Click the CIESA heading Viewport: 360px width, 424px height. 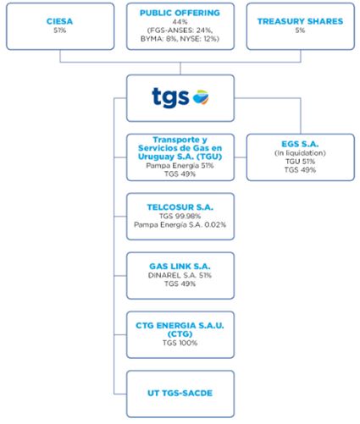click(59, 21)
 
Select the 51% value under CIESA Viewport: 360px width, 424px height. click(60, 30)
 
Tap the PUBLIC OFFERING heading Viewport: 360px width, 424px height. click(180, 13)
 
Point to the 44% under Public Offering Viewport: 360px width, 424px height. click(180, 22)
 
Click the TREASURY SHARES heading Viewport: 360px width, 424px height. click(300, 21)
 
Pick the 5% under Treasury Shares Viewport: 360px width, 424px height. click(300, 30)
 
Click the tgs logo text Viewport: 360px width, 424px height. click(170, 97)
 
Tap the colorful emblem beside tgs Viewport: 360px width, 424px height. click(201, 97)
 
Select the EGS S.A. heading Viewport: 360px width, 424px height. click(300, 144)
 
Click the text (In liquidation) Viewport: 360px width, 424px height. click(300, 153)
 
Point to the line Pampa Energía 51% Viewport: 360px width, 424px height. click(180, 166)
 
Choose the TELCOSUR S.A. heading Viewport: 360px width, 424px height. click(180, 207)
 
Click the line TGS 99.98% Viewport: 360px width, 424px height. click(180, 216)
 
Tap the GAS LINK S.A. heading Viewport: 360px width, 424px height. click(180, 267)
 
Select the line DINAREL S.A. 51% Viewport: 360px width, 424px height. click(180, 275)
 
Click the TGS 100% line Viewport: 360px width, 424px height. click(180, 343)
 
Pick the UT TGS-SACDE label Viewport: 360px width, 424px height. click(180, 393)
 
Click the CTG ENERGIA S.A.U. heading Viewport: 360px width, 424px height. click(180, 326)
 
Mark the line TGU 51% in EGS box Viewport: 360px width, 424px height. click(300, 162)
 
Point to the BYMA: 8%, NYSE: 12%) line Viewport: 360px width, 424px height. click(180, 39)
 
